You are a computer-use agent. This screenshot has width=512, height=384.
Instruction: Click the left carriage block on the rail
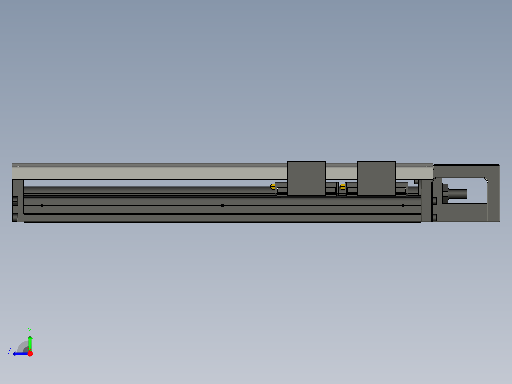coord(306,178)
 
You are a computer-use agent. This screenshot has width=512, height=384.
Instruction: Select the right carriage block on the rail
coord(376,178)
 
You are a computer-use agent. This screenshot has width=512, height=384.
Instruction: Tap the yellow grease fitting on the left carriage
coord(272,186)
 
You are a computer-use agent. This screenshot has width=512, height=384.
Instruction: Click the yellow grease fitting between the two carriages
coord(342,186)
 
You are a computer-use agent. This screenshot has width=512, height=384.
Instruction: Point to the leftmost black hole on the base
coord(42,205)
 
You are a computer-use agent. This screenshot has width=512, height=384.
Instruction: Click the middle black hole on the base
coord(222,205)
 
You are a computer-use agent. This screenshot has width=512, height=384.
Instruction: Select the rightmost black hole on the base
coord(403,205)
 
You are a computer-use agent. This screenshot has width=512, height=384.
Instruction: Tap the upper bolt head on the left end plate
coord(15,200)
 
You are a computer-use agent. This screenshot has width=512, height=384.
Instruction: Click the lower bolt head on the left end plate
coord(15,217)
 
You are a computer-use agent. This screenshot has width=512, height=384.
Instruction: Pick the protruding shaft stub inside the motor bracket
coord(459,194)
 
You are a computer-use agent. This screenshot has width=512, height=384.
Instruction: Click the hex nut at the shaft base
coord(445,194)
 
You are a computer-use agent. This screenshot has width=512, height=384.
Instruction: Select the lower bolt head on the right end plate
coord(435,218)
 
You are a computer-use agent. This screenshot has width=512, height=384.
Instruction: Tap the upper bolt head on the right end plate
coord(435,200)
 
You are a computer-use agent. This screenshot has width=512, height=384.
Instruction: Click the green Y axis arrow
coord(30,342)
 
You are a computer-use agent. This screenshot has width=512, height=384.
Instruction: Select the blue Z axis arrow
coord(19,354)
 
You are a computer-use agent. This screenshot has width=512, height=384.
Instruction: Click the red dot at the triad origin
coord(30,354)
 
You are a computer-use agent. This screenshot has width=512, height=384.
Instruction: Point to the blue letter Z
coord(9,351)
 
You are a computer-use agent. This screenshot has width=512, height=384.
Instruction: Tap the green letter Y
coord(29,330)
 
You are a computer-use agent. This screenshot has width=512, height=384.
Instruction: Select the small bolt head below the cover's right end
coord(417,182)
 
